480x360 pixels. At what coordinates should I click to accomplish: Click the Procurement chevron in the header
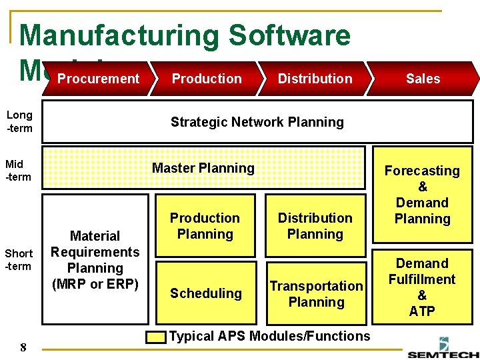point(98,79)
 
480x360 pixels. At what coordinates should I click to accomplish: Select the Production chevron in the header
point(207,79)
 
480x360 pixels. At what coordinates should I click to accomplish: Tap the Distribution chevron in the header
point(315,79)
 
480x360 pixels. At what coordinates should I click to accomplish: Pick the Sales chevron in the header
point(423,79)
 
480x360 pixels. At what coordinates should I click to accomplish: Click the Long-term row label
point(19,121)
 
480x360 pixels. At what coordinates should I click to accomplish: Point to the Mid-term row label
point(19,170)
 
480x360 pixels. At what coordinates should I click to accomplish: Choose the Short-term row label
point(19,259)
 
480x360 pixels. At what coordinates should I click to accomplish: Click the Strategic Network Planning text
point(257,121)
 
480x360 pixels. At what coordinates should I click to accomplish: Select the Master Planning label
point(203,168)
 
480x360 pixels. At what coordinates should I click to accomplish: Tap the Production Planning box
point(205,225)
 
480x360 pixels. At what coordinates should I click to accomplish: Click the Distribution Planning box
point(315,225)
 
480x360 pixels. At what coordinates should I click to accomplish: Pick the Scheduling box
point(205,293)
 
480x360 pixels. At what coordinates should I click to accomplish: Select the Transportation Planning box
point(316,293)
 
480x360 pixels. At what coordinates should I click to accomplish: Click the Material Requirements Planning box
point(95,260)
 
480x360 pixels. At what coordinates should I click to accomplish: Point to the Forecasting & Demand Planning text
point(422,195)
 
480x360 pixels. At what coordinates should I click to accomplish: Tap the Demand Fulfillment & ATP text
point(422,287)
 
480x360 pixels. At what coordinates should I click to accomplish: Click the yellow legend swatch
point(157,337)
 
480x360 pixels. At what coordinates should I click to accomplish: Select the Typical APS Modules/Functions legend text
point(269,336)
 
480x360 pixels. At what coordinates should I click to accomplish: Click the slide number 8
point(23,347)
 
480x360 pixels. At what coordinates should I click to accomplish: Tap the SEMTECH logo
point(443,352)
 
